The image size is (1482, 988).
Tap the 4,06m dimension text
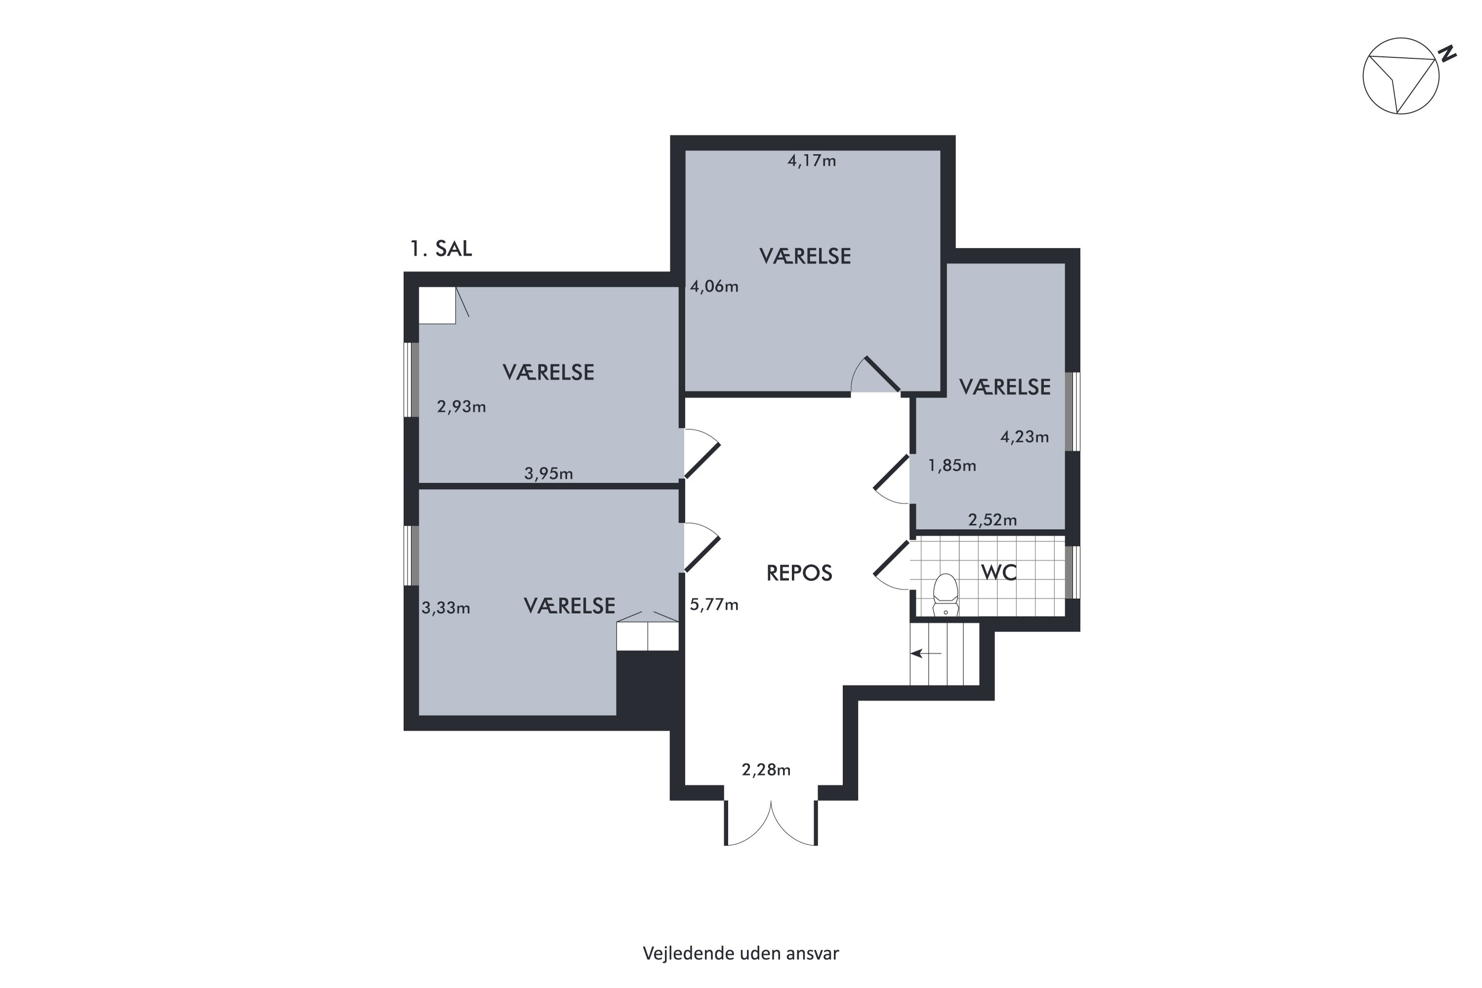714,287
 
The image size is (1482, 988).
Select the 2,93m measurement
461,407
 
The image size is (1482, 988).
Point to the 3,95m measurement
549,473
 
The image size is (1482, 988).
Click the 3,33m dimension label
446,608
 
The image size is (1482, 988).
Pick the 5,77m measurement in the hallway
714,605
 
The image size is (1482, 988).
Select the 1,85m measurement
952,466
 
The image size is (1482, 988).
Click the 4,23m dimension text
1025,437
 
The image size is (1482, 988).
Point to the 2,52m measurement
992,520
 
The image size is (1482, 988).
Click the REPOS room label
799,573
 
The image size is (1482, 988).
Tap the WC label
999,572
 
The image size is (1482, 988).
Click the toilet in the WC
945,594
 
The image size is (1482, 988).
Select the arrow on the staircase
926,654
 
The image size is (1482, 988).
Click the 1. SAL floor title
441,249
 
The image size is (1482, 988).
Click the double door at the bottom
771,823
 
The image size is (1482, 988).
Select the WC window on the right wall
1072,572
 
